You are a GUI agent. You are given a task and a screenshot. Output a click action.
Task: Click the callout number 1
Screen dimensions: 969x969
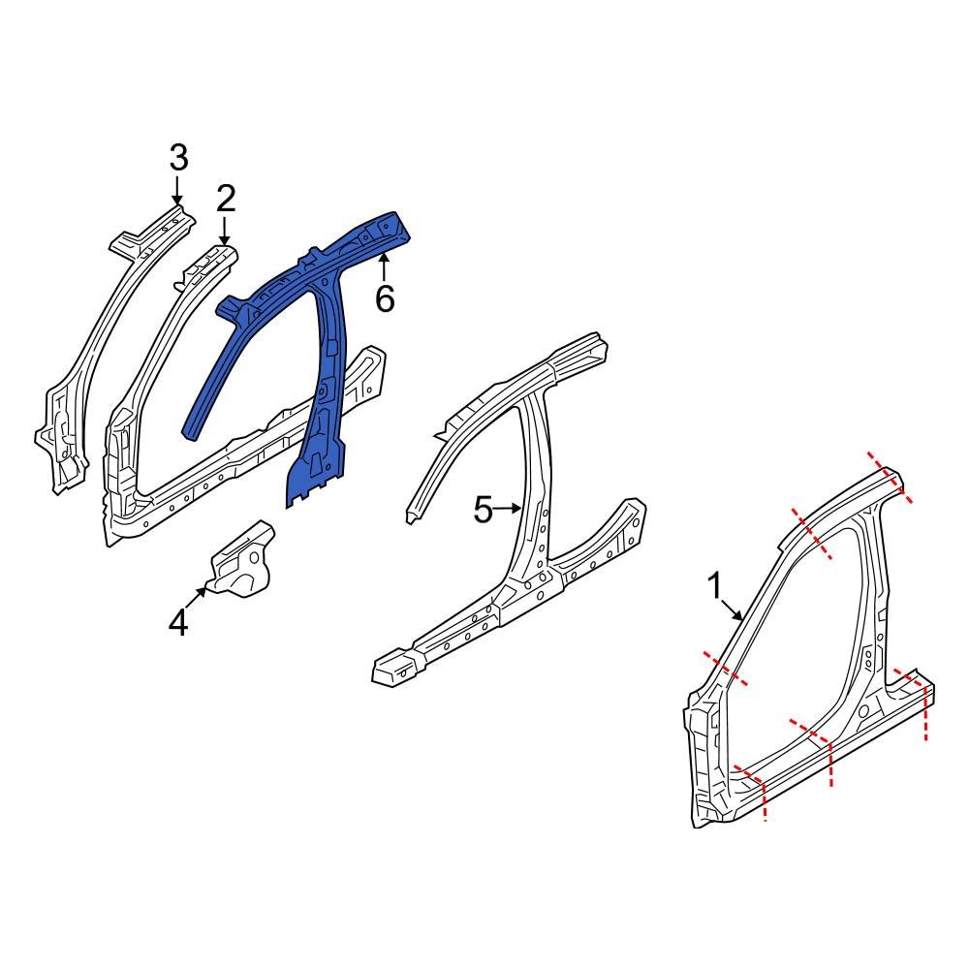[714, 586]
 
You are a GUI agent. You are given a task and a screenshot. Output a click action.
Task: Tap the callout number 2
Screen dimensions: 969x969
[225, 199]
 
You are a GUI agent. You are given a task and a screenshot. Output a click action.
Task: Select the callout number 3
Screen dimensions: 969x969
[178, 157]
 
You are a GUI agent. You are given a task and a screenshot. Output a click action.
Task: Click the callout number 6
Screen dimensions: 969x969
[385, 300]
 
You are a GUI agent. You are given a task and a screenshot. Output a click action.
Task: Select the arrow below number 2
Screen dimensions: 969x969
[225, 233]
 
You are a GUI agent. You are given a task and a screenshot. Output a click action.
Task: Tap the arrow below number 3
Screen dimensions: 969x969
[178, 189]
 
